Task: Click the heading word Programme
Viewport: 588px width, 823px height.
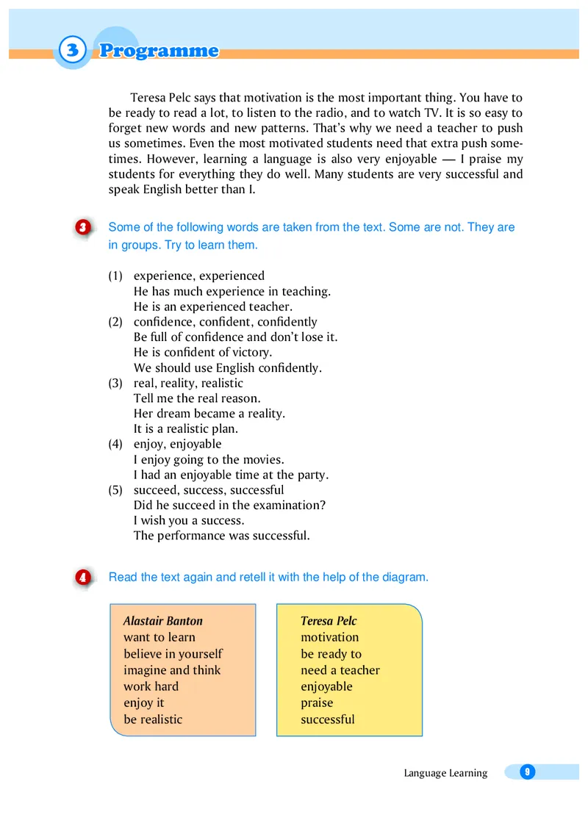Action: [x=159, y=51]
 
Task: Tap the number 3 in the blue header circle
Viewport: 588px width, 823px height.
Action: [x=71, y=51]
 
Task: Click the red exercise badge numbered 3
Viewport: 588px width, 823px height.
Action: [x=83, y=228]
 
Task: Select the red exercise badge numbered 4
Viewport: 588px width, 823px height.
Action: [x=83, y=578]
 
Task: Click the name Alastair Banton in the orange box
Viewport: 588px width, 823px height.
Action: [x=162, y=621]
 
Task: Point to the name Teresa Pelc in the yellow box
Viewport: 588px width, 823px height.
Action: [x=329, y=621]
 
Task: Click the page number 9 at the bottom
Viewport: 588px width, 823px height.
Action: [x=526, y=772]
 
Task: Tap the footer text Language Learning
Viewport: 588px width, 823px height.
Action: [x=445, y=773]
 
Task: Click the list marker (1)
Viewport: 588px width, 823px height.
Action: [x=115, y=276]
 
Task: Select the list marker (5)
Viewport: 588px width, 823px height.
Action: [x=115, y=490]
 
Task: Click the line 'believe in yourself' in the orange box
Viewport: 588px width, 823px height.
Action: [x=173, y=654]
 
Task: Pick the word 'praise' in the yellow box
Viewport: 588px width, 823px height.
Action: [x=317, y=703]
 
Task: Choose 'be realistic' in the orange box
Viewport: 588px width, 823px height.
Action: [x=153, y=719]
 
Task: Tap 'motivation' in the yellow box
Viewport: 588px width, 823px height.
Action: [x=330, y=637]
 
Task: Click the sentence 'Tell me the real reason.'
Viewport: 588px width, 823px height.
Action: [x=197, y=398]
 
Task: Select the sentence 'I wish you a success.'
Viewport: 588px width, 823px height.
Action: [x=189, y=520]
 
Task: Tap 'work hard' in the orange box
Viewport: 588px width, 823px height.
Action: [x=151, y=686]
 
